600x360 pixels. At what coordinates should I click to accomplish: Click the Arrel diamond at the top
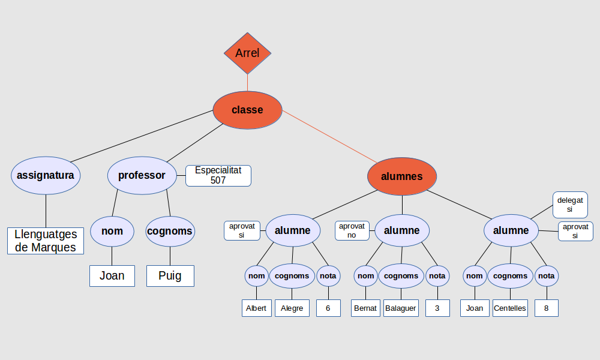pyautogui.click(x=247, y=53)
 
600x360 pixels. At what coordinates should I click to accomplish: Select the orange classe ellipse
pyautogui.click(x=247, y=110)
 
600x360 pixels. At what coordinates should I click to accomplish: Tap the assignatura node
pyautogui.click(x=46, y=175)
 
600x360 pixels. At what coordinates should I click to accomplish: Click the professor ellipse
pyautogui.click(x=142, y=175)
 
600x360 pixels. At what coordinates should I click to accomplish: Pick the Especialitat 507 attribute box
pyautogui.click(x=218, y=175)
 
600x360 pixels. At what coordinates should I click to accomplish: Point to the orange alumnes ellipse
pyautogui.click(x=402, y=176)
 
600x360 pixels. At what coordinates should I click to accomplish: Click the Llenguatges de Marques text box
pyautogui.click(x=46, y=241)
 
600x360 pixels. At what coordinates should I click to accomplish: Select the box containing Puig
pyautogui.click(x=170, y=275)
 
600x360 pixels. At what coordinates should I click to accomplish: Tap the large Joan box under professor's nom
pyautogui.click(x=112, y=275)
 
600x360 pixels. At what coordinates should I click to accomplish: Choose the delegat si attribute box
pyautogui.click(x=569, y=205)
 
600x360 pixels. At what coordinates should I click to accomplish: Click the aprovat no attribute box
pyautogui.click(x=352, y=230)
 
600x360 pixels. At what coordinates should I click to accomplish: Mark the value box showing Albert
pyautogui.click(x=256, y=308)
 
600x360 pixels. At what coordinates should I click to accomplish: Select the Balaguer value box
pyautogui.click(x=401, y=308)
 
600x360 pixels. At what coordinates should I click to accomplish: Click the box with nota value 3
pyautogui.click(x=437, y=308)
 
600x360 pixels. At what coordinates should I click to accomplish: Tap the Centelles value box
pyautogui.click(x=510, y=308)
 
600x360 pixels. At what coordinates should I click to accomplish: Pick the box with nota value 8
pyautogui.click(x=547, y=308)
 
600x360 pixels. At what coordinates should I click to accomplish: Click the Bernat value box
pyautogui.click(x=365, y=308)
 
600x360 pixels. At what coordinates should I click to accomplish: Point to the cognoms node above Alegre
pyautogui.click(x=292, y=276)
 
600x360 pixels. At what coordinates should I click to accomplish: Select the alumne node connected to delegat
pyautogui.click(x=511, y=230)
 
